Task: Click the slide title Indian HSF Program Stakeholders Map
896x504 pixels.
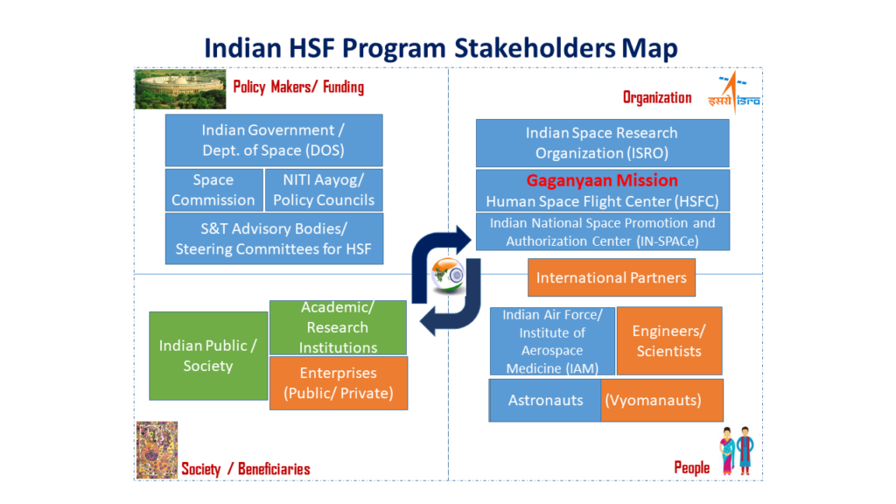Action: click(x=440, y=47)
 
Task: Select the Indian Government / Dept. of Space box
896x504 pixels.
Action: click(x=274, y=140)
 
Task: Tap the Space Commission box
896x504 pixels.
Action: click(x=213, y=190)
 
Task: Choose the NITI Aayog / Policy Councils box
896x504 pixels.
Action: click(x=323, y=190)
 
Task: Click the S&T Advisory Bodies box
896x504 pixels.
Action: click(x=274, y=239)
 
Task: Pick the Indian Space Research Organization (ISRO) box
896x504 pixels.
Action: click(x=602, y=143)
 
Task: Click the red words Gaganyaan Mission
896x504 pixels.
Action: click(x=602, y=180)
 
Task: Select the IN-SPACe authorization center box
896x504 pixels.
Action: click(x=602, y=232)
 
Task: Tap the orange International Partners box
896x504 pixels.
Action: click(x=611, y=277)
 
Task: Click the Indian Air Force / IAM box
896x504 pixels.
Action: click(x=552, y=341)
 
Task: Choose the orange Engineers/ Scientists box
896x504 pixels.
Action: click(x=668, y=341)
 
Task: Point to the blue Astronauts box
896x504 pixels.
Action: click(x=545, y=400)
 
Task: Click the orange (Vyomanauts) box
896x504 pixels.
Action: click(x=662, y=400)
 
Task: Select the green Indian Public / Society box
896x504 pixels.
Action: click(x=208, y=355)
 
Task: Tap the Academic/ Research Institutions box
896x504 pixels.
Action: click(x=338, y=327)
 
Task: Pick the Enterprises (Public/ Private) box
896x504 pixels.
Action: click(x=338, y=383)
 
